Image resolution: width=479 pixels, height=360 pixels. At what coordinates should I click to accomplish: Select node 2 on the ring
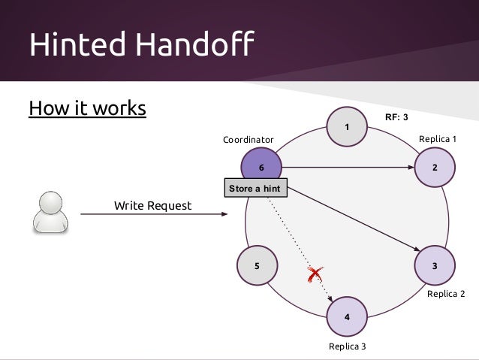435,167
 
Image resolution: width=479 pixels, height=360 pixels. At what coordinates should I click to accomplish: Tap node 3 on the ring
435,266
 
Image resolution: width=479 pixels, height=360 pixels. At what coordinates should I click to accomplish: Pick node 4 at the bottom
346,317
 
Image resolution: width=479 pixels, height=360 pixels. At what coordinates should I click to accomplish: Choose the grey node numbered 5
257,266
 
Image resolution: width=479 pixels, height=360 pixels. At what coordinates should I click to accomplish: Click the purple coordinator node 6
261,167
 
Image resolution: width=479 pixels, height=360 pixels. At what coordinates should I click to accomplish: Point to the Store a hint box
255,189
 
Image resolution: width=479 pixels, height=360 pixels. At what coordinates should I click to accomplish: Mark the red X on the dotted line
314,275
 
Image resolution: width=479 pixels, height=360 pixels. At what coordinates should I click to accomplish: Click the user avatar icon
50,211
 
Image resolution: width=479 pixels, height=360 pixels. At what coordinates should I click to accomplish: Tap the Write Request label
152,205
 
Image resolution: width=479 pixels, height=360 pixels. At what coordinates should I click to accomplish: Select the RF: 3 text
396,118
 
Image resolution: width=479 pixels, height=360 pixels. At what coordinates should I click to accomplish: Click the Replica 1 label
437,140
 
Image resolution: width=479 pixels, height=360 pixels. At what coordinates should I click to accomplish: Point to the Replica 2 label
446,294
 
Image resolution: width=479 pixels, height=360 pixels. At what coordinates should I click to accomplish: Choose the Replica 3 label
348,346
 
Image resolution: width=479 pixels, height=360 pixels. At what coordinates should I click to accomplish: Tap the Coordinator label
249,140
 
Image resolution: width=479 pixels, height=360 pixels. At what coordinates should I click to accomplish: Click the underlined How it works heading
87,109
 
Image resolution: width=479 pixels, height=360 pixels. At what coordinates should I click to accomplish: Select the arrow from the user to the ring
153,215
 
